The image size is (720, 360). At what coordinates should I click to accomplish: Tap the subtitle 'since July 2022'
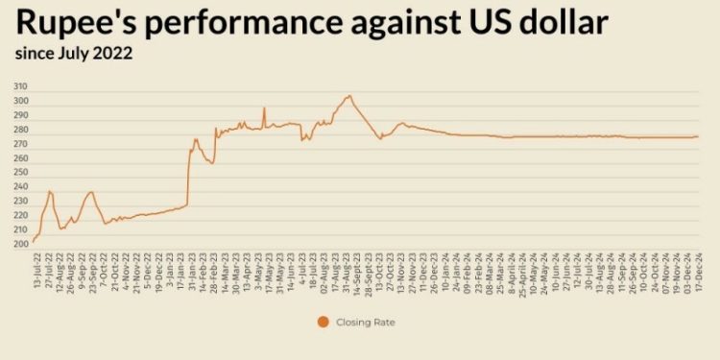click(x=74, y=53)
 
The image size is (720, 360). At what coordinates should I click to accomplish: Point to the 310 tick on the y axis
click(x=21, y=86)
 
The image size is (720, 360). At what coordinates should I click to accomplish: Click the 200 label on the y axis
click(x=21, y=245)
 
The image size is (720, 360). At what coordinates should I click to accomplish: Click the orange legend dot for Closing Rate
click(x=322, y=323)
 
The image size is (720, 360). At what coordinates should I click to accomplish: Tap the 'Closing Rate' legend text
click(x=366, y=323)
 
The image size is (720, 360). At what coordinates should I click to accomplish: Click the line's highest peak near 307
click(x=349, y=96)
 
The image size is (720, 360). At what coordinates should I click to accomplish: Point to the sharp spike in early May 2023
click(x=264, y=108)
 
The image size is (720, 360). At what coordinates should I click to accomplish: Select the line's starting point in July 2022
click(x=33, y=242)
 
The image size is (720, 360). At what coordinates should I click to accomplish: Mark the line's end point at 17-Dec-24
click(x=698, y=136)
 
